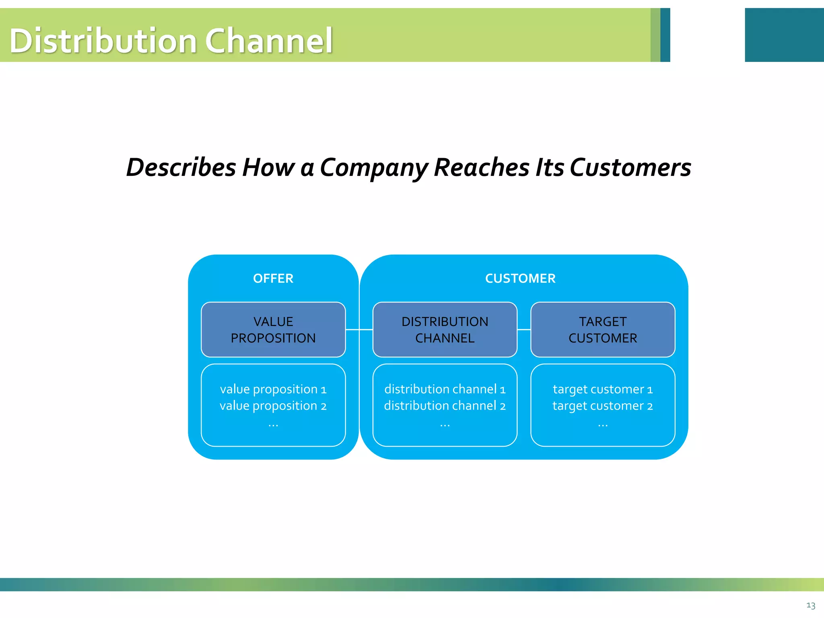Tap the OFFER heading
(x=273, y=278)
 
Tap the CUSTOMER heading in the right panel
(x=520, y=278)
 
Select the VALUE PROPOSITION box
(x=273, y=330)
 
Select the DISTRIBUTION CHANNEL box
(x=445, y=330)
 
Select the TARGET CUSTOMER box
(x=603, y=330)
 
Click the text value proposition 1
(x=273, y=389)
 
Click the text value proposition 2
(x=273, y=406)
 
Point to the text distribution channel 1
(x=445, y=389)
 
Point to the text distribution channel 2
(x=445, y=406)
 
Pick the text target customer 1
(x=603, y=389)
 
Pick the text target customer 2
(x=603, y=406)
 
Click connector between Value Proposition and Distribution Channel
(x=359, y=330)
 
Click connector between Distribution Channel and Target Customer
(x=524, y=330)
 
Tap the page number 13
(x=811, y=606)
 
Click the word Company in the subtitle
(x=374, y=167)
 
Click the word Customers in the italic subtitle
(x=630, y=167)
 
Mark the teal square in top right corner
(x=784, y=35)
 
